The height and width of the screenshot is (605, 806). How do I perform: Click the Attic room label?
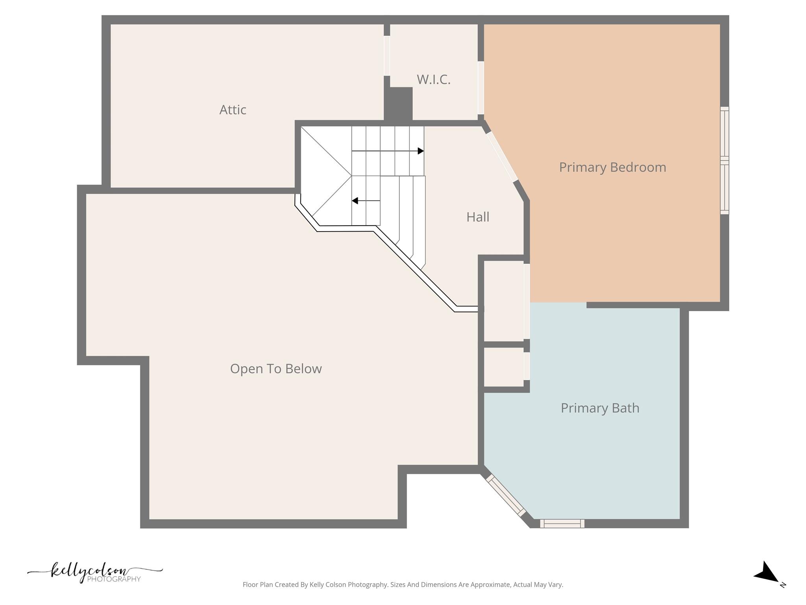coord(233,110)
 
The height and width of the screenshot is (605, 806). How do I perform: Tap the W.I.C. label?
coord(433,80)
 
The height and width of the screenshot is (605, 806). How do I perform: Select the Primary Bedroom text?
coord(612,167)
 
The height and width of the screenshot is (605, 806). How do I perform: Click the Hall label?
coord(477,217)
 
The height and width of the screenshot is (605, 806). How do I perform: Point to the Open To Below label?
coord(275,369)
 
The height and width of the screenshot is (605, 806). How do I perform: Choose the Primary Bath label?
coord(599,408)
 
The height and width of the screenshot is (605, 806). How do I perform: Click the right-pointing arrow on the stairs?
coord(421,151)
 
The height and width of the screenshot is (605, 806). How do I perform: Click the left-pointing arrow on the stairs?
coord(355,201)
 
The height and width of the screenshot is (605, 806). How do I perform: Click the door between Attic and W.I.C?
coord(387,56)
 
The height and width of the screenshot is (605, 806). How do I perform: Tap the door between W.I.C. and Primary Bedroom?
coord(481,87)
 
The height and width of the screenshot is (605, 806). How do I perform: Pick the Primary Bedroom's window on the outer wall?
coord(724,160)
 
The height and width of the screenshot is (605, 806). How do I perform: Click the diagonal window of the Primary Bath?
coord(506,496)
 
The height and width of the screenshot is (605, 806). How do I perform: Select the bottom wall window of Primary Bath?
coord(562,523)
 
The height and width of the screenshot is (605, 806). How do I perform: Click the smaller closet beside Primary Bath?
coord(503,366)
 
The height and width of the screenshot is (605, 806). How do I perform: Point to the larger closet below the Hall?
coord(503,301)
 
